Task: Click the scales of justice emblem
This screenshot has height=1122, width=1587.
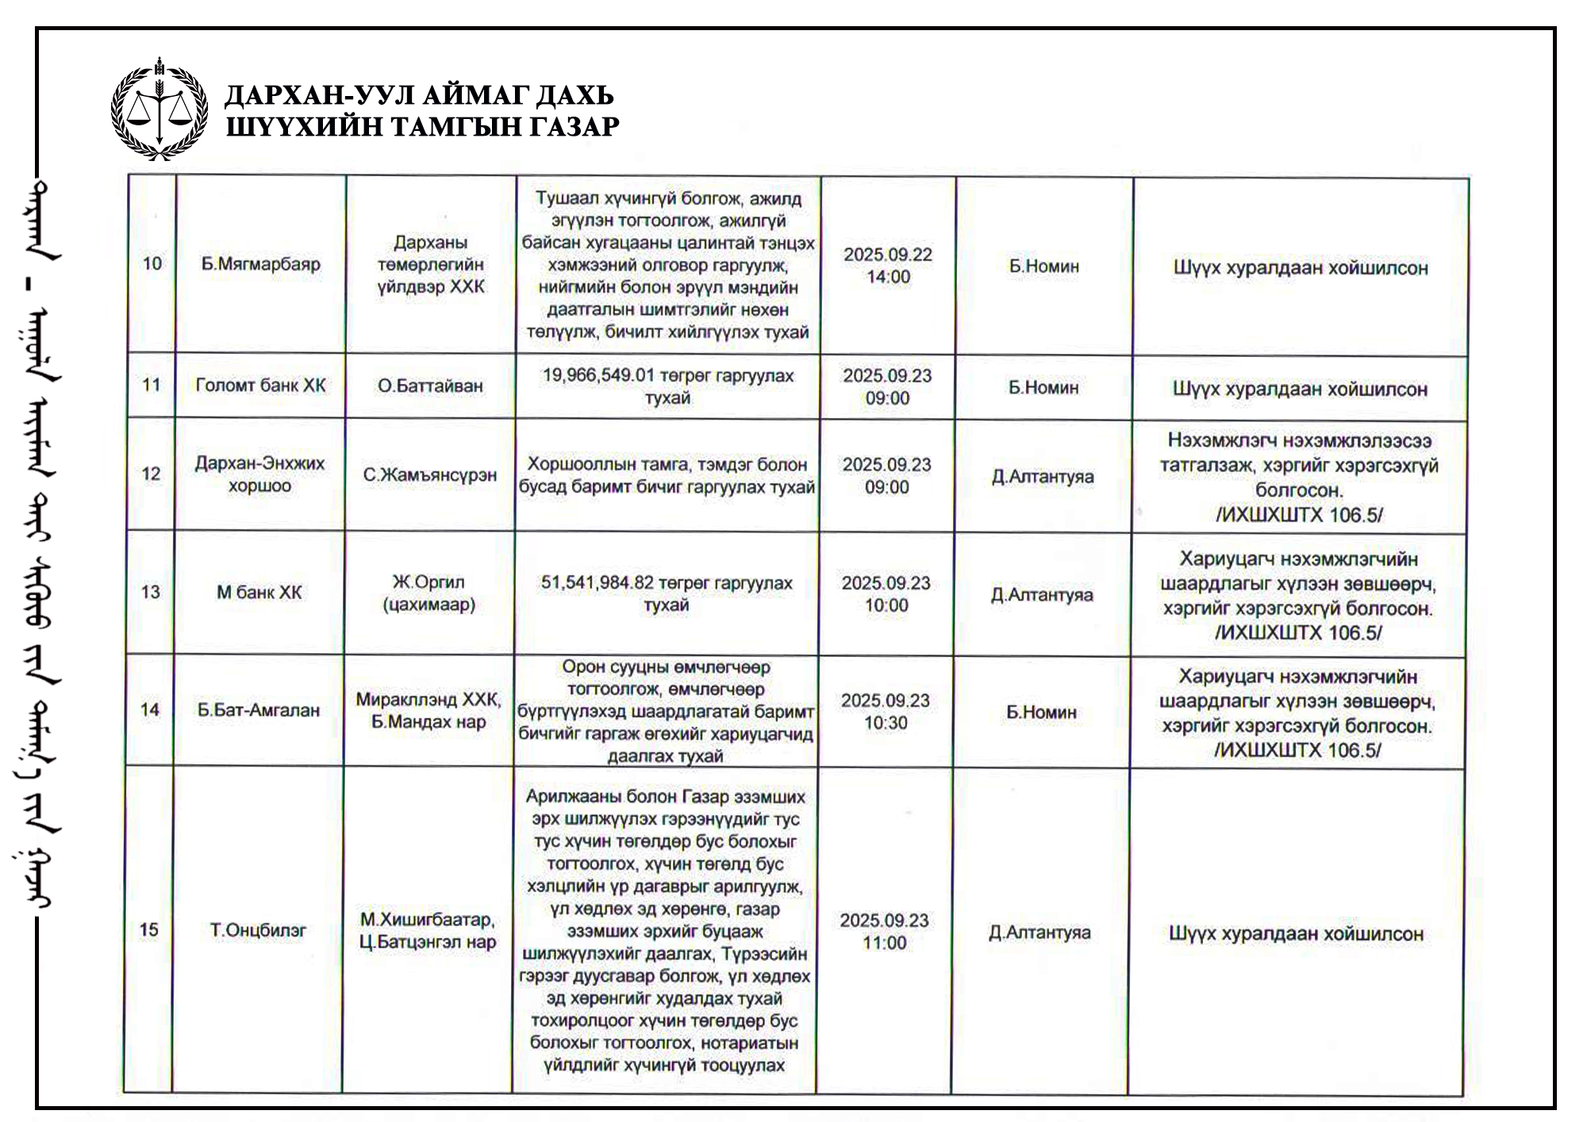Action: pyautogui.click(x=159, y=110)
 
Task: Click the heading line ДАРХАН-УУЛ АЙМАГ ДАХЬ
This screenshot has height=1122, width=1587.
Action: pyautogui.click(x=419, y=95)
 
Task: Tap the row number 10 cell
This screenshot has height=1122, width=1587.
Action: pyautogui.click(x=152, y=263)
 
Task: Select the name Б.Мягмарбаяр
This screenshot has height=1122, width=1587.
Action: pyautogui.click(x=260, y=264)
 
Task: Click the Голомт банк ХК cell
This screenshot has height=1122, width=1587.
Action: pyautogui.click(x=260, y=386)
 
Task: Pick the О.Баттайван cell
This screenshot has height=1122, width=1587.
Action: pyautogui.click(x=430, y=386)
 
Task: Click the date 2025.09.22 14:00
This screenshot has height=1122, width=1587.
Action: pyautogui.click(x=888, y=266)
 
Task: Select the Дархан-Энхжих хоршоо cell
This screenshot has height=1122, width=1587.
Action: pyautogui.click(x=259, y=474)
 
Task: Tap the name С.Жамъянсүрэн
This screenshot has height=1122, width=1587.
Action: pyautogui.click(x=430, y=475)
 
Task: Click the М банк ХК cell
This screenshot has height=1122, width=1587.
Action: pyautogui.click(x=259, y=592)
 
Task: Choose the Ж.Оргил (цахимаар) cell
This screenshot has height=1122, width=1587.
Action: pyautogui.click(x=429, y=593)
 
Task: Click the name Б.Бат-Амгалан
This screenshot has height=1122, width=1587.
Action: pyautogui.click(x=259, y=710)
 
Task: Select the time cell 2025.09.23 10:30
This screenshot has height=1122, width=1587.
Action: pyautogui.click(x=886, y=712)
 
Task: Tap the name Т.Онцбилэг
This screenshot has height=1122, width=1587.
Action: pyautogui.click(x=258, y=930)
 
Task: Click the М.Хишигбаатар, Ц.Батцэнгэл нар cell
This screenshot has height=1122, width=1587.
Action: pyautogui.click(x=428, y=931)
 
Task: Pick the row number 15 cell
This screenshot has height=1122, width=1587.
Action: pyautogui.click(x=149, y=930)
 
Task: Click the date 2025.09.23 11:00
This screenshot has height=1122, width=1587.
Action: pyautogui.click(x=885, y=932)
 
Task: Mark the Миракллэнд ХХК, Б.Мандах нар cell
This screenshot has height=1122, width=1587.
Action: pyautogui.click(x=428, y=710)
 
